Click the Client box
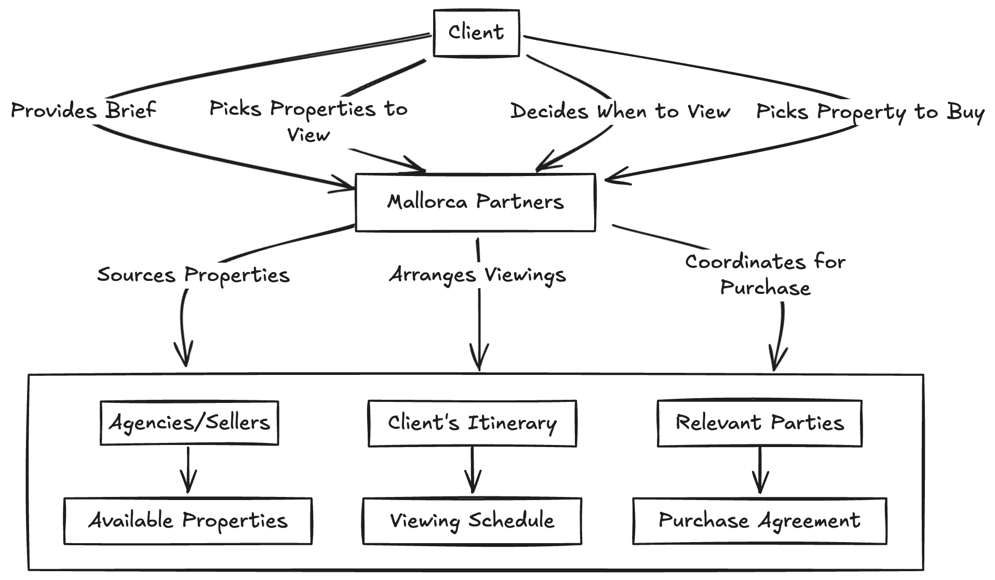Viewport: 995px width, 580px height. pos(476,33)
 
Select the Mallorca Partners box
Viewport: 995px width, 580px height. pos(475,202)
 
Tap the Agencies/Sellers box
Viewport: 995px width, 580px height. pos(189,423)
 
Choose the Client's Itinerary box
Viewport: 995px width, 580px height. pos(472,423)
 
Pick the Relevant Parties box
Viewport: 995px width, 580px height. pos(760,423)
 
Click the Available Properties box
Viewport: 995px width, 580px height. pos(187,521)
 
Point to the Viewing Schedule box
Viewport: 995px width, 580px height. pos(472,521)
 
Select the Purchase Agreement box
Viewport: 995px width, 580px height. pos(760,521)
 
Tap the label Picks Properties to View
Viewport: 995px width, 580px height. pos(308,122)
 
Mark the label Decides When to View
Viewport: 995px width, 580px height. pos(620,112)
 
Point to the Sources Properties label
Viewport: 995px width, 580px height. pos(193,275)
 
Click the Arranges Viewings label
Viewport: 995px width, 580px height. pos(477,275)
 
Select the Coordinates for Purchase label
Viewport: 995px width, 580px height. pos(765,275)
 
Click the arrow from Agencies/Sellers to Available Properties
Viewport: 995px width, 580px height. pos(188,469)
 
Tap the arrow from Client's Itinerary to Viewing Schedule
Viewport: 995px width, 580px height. pos(472,469)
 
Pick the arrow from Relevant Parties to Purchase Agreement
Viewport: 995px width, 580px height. pos(760,470)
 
